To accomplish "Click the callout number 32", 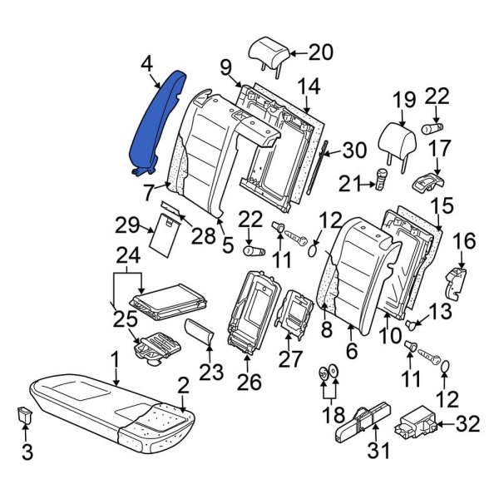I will (x=469, y=426).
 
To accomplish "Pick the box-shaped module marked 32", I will (x=417, y=425).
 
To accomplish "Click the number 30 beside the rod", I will (x=354, y=151).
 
